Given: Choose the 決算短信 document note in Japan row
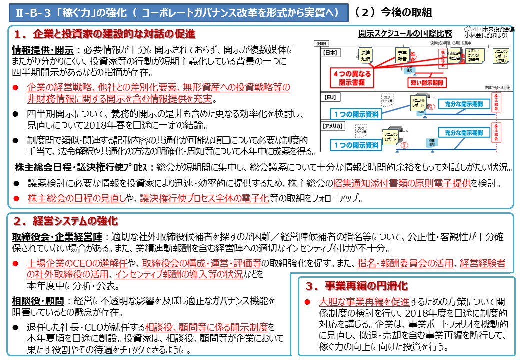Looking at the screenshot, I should (366, 56).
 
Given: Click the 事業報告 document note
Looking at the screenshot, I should (402, 55).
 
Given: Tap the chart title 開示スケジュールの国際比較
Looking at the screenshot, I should (405, 34).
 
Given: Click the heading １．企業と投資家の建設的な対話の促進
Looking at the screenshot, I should (104, 35).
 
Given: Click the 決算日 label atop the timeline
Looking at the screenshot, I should (321, 44).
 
